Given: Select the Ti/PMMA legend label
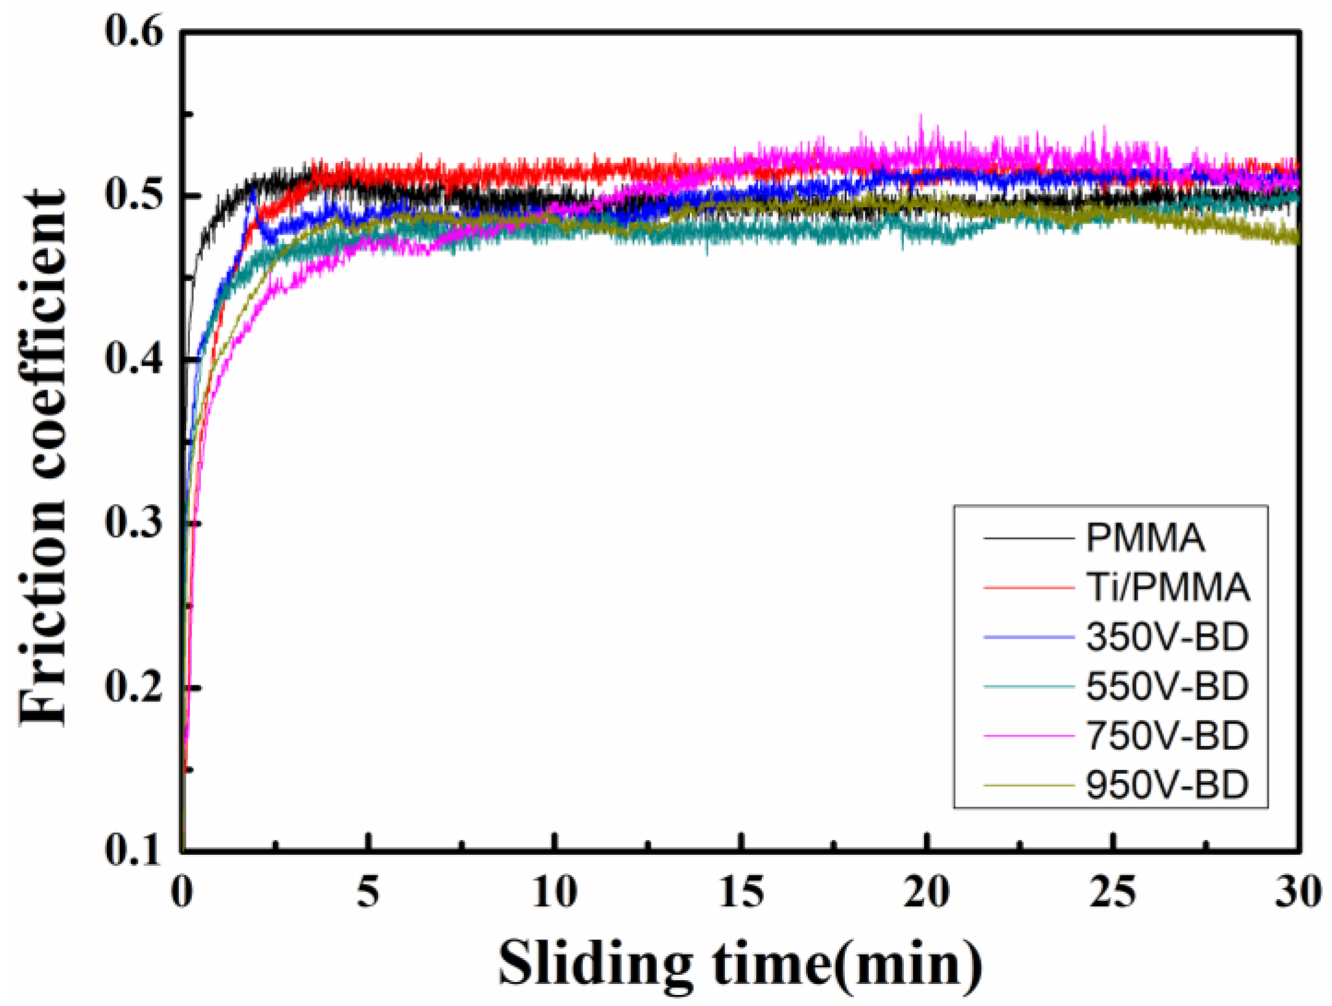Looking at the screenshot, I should coord(1167,587).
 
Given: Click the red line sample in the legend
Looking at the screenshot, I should coord(1028,588).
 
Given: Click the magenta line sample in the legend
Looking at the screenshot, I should coord(1028,736).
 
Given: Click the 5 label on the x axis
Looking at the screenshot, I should coord(368,892).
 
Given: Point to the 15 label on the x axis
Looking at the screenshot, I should coord(742,892).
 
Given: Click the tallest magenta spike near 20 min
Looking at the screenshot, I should coord(920,116).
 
